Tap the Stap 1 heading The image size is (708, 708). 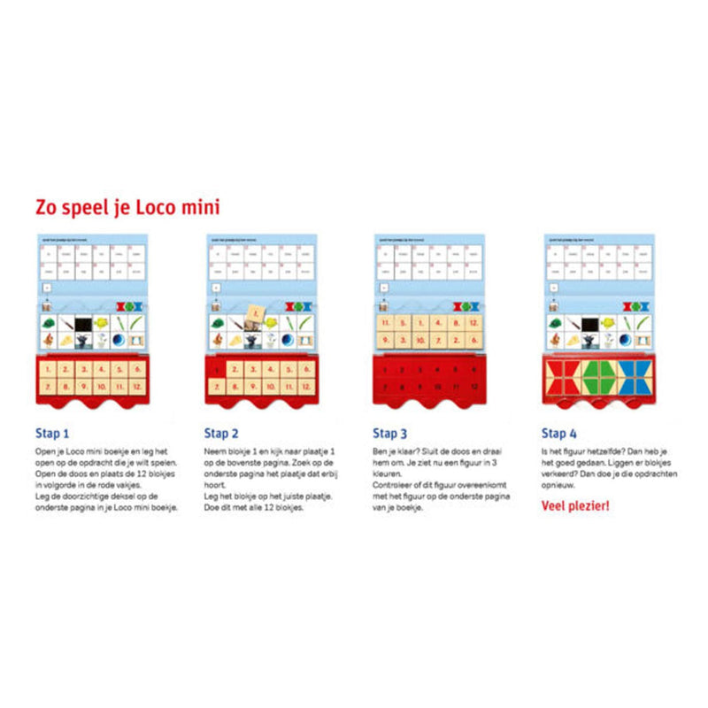coord(52,434)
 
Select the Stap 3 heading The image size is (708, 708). coord(389,434)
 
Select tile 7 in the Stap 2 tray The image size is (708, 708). coord(215,387)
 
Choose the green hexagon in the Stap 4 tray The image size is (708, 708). coord(597,379)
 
